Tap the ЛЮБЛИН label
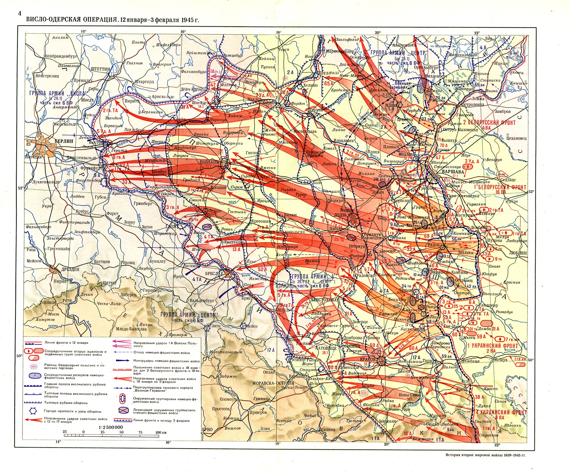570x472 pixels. [518, 253]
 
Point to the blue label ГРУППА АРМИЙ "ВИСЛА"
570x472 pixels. [58, 93]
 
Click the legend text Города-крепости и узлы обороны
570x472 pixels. [73, 411]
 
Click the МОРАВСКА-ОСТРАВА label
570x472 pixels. [269, 383]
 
